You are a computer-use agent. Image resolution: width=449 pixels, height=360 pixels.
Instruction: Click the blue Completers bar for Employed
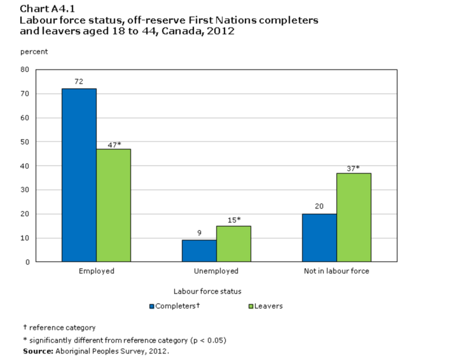pyautogui.click(x=79, y=175)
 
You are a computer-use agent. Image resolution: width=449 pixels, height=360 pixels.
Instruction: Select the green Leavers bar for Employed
pyautogui.click(x=114, y=205)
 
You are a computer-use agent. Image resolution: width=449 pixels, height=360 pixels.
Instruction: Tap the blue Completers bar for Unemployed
pyautogui.click(x=199, y=250)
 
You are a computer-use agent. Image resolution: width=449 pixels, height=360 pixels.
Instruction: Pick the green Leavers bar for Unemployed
pyautogui.click(x=233, y=243)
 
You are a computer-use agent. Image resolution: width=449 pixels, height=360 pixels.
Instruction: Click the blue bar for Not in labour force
pyautogui.click(x=319, y=237)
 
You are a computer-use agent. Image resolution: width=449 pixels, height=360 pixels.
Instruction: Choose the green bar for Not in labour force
pyautogui.click(x=354, y=217)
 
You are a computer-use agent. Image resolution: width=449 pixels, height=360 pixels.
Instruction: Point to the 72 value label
pyautogui.click(x=79, y=81)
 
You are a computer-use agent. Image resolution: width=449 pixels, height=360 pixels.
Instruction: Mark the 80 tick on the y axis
pyautogui.click(x=25, y=69)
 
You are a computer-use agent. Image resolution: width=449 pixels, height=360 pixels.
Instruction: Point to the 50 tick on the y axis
pyautogui.click(x=25, y=142)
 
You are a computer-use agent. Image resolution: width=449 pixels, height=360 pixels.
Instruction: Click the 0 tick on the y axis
pyautogui.click(x=28, y=262)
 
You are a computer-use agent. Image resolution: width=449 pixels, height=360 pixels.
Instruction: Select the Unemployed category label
pyautogui.click(x=217, y=271)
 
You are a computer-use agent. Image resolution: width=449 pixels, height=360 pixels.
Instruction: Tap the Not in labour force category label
pyautogui.click(x=336, y=271)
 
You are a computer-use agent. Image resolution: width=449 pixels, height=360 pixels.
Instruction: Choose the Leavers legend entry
pyautogui.click(x=265, y=306)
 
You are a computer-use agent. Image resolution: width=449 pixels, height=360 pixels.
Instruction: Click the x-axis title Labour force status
pyautogui.click(x=207, y=291)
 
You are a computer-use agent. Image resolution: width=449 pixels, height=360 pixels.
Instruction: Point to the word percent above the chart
pyautogui.click(x=34, y=52)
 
